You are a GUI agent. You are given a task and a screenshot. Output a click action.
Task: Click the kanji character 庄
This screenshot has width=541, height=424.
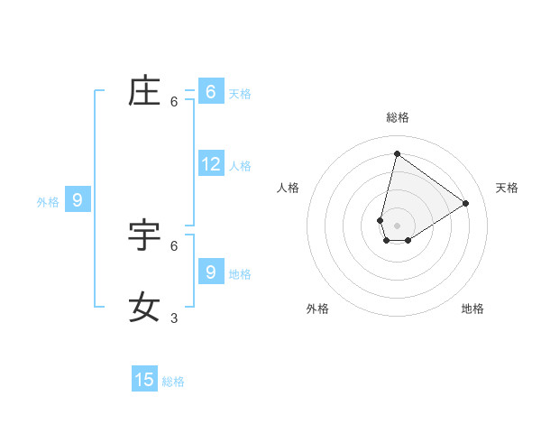[144, 92]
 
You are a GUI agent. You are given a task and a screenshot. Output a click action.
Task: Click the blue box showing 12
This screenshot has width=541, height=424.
[211, 164]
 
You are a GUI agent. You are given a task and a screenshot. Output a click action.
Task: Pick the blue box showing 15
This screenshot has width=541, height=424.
[144, 380]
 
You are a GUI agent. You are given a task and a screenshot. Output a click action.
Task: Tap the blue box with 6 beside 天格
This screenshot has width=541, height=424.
[211, 92]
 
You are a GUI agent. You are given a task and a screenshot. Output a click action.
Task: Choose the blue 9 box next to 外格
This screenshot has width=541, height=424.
[78, 200]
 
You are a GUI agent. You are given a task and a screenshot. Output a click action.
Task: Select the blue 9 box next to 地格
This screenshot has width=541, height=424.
[211, 272]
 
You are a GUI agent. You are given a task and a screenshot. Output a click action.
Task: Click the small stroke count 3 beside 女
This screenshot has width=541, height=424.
[174, 318]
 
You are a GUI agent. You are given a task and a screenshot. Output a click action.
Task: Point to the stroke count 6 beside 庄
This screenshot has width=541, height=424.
[174, 102]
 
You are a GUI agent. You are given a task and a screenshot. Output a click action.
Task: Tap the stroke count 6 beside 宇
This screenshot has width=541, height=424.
[174, 245]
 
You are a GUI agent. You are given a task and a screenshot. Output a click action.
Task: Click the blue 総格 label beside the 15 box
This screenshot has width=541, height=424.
[173, 382]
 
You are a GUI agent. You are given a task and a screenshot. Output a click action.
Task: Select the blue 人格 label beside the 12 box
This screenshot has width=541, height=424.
[240, 166]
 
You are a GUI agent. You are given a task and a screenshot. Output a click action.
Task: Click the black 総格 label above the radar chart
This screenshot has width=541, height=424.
[397, 117]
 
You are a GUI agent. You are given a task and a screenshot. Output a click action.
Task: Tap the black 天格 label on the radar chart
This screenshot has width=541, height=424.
[507, 188]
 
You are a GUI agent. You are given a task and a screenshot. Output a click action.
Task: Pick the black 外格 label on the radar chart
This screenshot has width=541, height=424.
[317, 309]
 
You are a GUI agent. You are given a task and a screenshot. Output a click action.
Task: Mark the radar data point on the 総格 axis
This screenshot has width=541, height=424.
[397, 153]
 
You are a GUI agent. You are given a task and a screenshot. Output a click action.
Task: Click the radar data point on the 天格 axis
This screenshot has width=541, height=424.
[466, 203]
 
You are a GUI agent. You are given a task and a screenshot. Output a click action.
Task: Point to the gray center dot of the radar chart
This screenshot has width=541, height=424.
[397, 226]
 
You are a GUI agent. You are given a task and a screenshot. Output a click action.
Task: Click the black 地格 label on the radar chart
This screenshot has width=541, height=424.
[472, 309]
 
